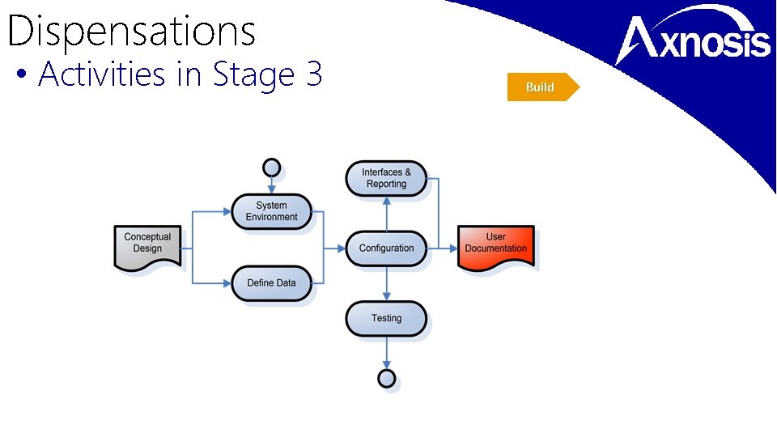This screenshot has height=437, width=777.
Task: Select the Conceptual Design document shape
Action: tap(147, 246)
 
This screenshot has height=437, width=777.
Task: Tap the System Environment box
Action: tap(271, 212)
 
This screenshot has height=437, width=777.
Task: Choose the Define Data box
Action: tap(271, 283)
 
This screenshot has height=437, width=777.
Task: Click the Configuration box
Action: tap(386, 248)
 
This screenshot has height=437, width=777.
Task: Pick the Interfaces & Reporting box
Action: tap(386, 178)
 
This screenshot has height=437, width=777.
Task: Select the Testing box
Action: tap(386, 319)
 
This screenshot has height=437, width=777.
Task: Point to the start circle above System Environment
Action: tap(272, 168)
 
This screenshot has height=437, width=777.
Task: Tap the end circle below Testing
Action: tap(387, 378)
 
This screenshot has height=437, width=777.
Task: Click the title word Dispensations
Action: tap(131, 32)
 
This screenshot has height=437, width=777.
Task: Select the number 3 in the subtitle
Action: tap(314, 74)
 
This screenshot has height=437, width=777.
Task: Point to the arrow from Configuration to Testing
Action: tap(387, 283)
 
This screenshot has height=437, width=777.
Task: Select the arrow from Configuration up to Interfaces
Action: tap(387, 214)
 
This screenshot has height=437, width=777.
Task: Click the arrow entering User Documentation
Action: tap(448, 248)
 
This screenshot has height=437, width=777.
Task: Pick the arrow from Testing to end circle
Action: tap(387, 353)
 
